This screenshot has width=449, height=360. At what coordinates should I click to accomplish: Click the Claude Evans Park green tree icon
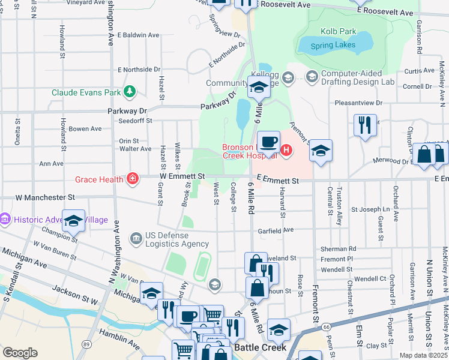pyautogui.click(x=129, y=92)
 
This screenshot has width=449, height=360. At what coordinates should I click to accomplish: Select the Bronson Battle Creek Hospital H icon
pyautogui.click(x=286, y=150)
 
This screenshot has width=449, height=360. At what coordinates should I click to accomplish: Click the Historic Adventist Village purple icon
pyautogui.click(x=6, y=220)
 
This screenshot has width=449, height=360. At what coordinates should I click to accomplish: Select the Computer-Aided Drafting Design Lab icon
pyautogui.click(x=311, y=77)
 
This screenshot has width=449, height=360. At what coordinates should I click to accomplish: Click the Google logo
pyautogui.click(x=20, y=353)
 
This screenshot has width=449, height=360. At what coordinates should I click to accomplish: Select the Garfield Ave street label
pyautogui.click(x=275, y=229)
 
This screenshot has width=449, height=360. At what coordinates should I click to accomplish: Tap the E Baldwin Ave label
pyautogui.click(x=138, y=35)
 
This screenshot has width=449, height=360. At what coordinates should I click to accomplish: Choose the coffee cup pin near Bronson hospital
pyautogui.click(x=268, y=142)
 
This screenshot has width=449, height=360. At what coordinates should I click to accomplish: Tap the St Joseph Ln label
pyautogui.click(x=370, y=209)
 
